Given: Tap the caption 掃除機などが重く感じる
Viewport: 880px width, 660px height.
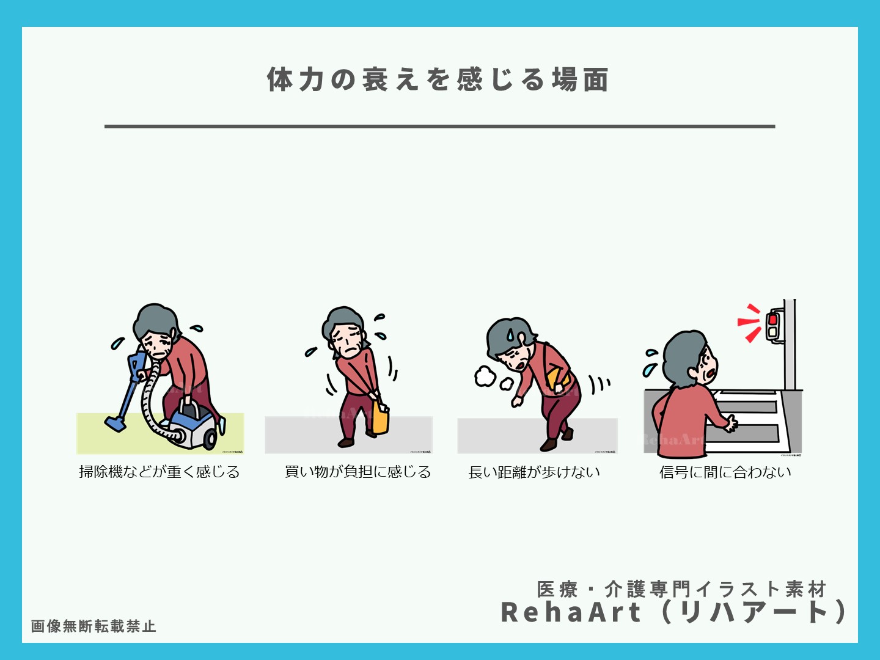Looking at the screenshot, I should [x=159, y=472].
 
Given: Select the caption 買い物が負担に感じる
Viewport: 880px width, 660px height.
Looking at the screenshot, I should [x=358, y=472].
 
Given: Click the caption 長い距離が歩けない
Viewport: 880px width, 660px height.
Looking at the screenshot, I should [x=534, y=472].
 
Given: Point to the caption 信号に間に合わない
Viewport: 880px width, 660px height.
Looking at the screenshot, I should [x=725, y=472].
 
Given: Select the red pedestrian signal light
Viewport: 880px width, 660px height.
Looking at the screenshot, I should [x=772, y=319].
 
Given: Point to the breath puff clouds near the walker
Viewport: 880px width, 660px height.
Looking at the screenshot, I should [x=486, y=376].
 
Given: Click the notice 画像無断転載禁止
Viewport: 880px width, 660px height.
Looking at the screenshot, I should [x=94, y=626].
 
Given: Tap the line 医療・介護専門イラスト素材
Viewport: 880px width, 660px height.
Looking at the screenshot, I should [x=681, y=589].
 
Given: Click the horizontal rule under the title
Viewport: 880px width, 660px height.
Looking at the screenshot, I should [x=439, y=127].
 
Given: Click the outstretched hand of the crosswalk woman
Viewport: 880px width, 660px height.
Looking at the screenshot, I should [x=729, y=423].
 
